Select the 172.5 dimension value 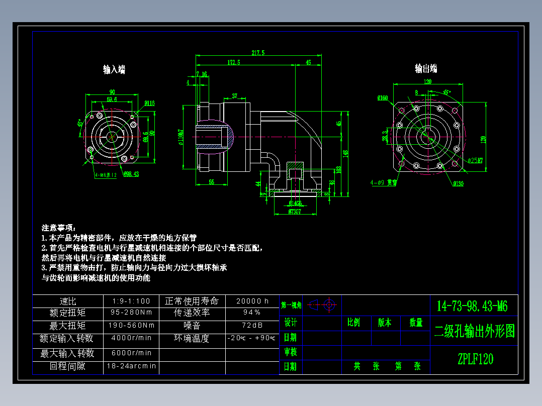pos(234,63)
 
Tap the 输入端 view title pos(114,70)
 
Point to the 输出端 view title pos(426,68)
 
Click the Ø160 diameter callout pos(383,97)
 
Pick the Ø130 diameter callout pos(458,184)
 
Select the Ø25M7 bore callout pos(475,161)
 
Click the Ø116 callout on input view pos(149,104)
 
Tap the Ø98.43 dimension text pos(131,174)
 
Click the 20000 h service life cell pos(252,301)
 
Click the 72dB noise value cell pos(252,325)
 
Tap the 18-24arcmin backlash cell pos(131,366)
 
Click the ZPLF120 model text pos(475,359)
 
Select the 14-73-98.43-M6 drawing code pos(472,306)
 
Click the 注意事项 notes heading pos(58,228)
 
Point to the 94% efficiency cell pos(252,313)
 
